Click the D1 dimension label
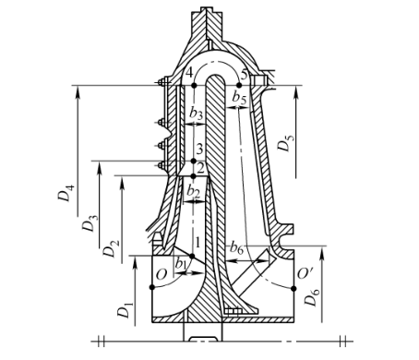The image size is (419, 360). click(x=125, y=310)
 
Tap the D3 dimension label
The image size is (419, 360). click(x=90, y=223)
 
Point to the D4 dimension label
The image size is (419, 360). click(x=66, y=192)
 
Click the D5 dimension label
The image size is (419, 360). click(x=285, y=142)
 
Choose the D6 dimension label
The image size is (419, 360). click(x=312, y=297)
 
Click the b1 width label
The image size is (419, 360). click(x=181, y=264)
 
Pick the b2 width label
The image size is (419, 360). click(x=193, y=192)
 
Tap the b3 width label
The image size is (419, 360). click(x=196, y=114)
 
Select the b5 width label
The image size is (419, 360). click(x=240, y=97)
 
